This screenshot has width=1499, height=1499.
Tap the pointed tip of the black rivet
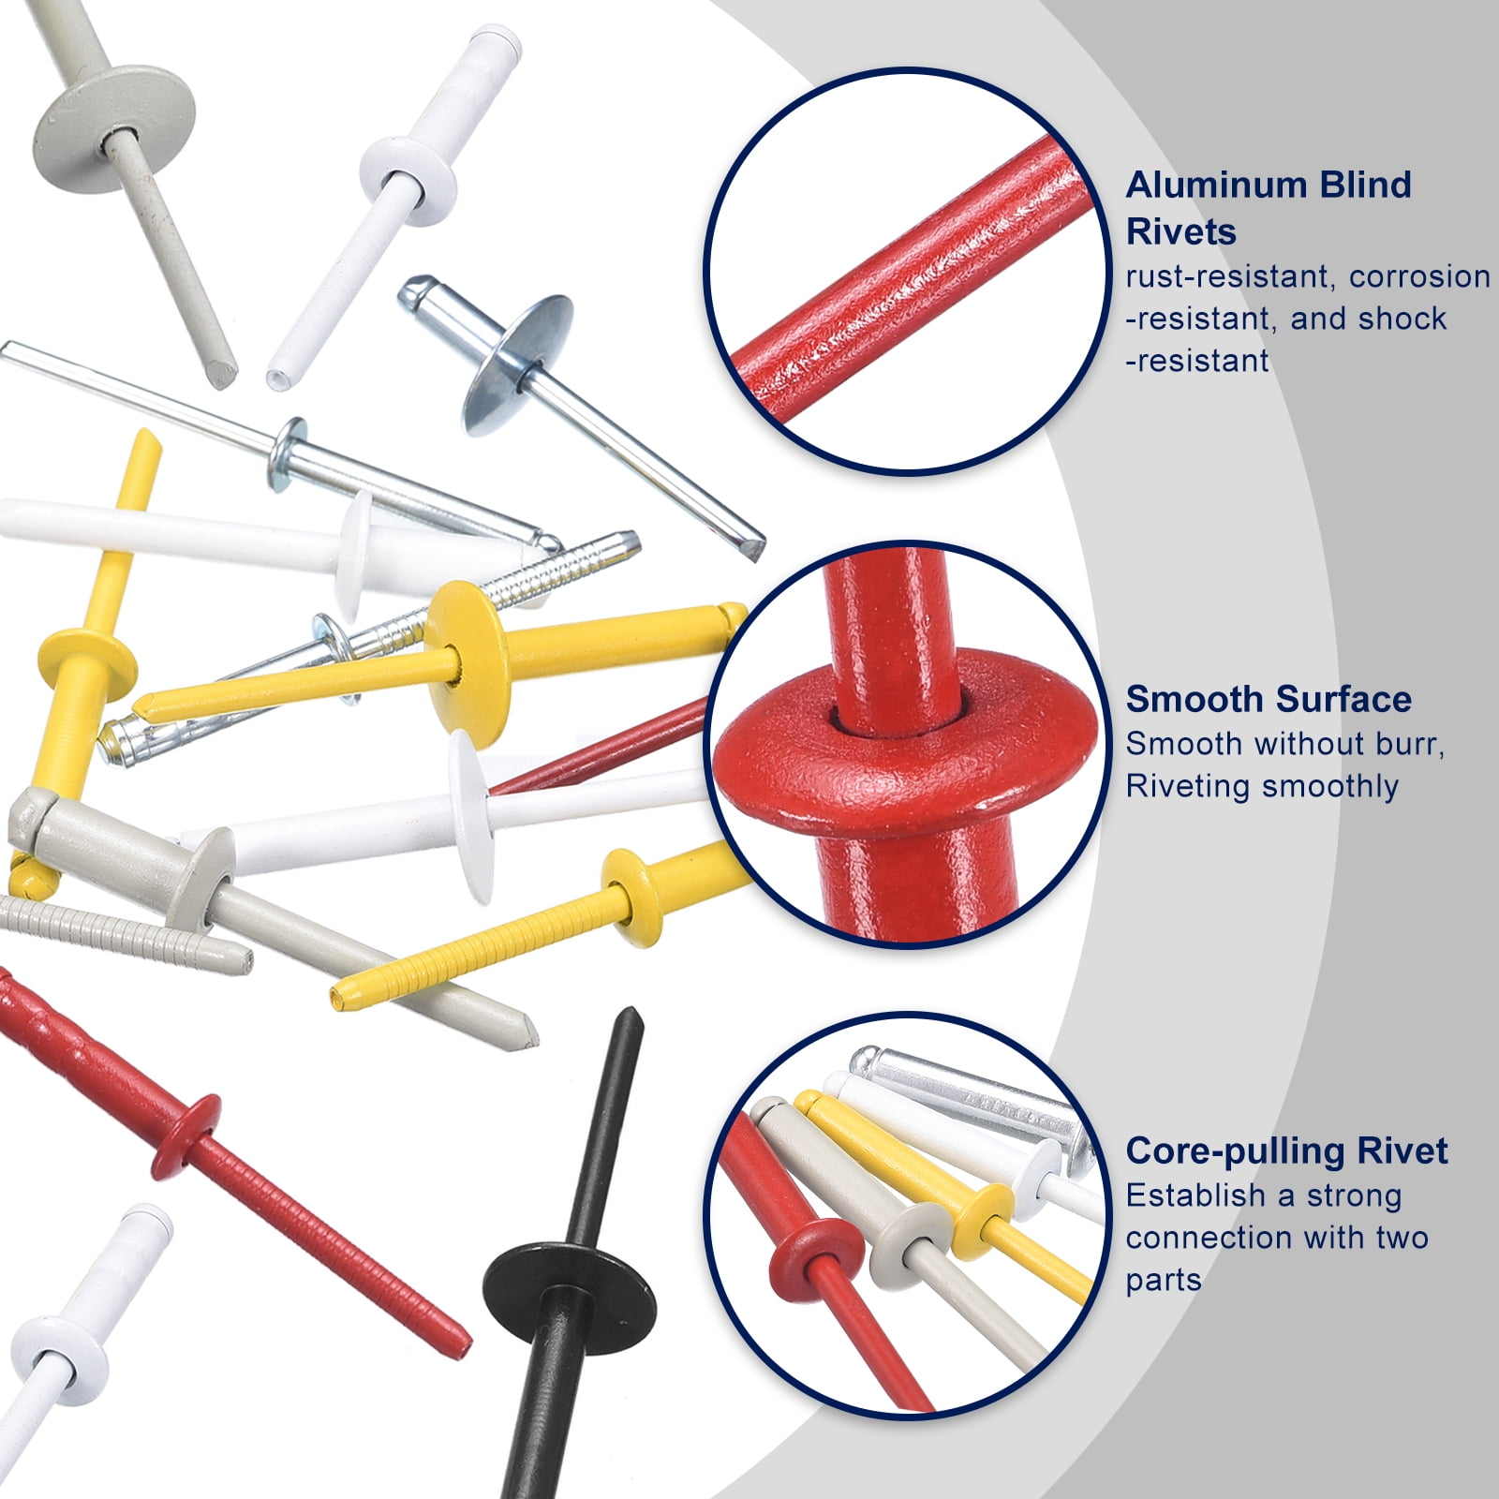pos(630,1014)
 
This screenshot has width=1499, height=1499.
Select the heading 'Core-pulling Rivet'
pos(1286,1150)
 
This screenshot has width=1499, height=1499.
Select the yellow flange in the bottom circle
pos(981,1219)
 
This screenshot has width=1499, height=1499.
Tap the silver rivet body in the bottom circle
pos(974,1091)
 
